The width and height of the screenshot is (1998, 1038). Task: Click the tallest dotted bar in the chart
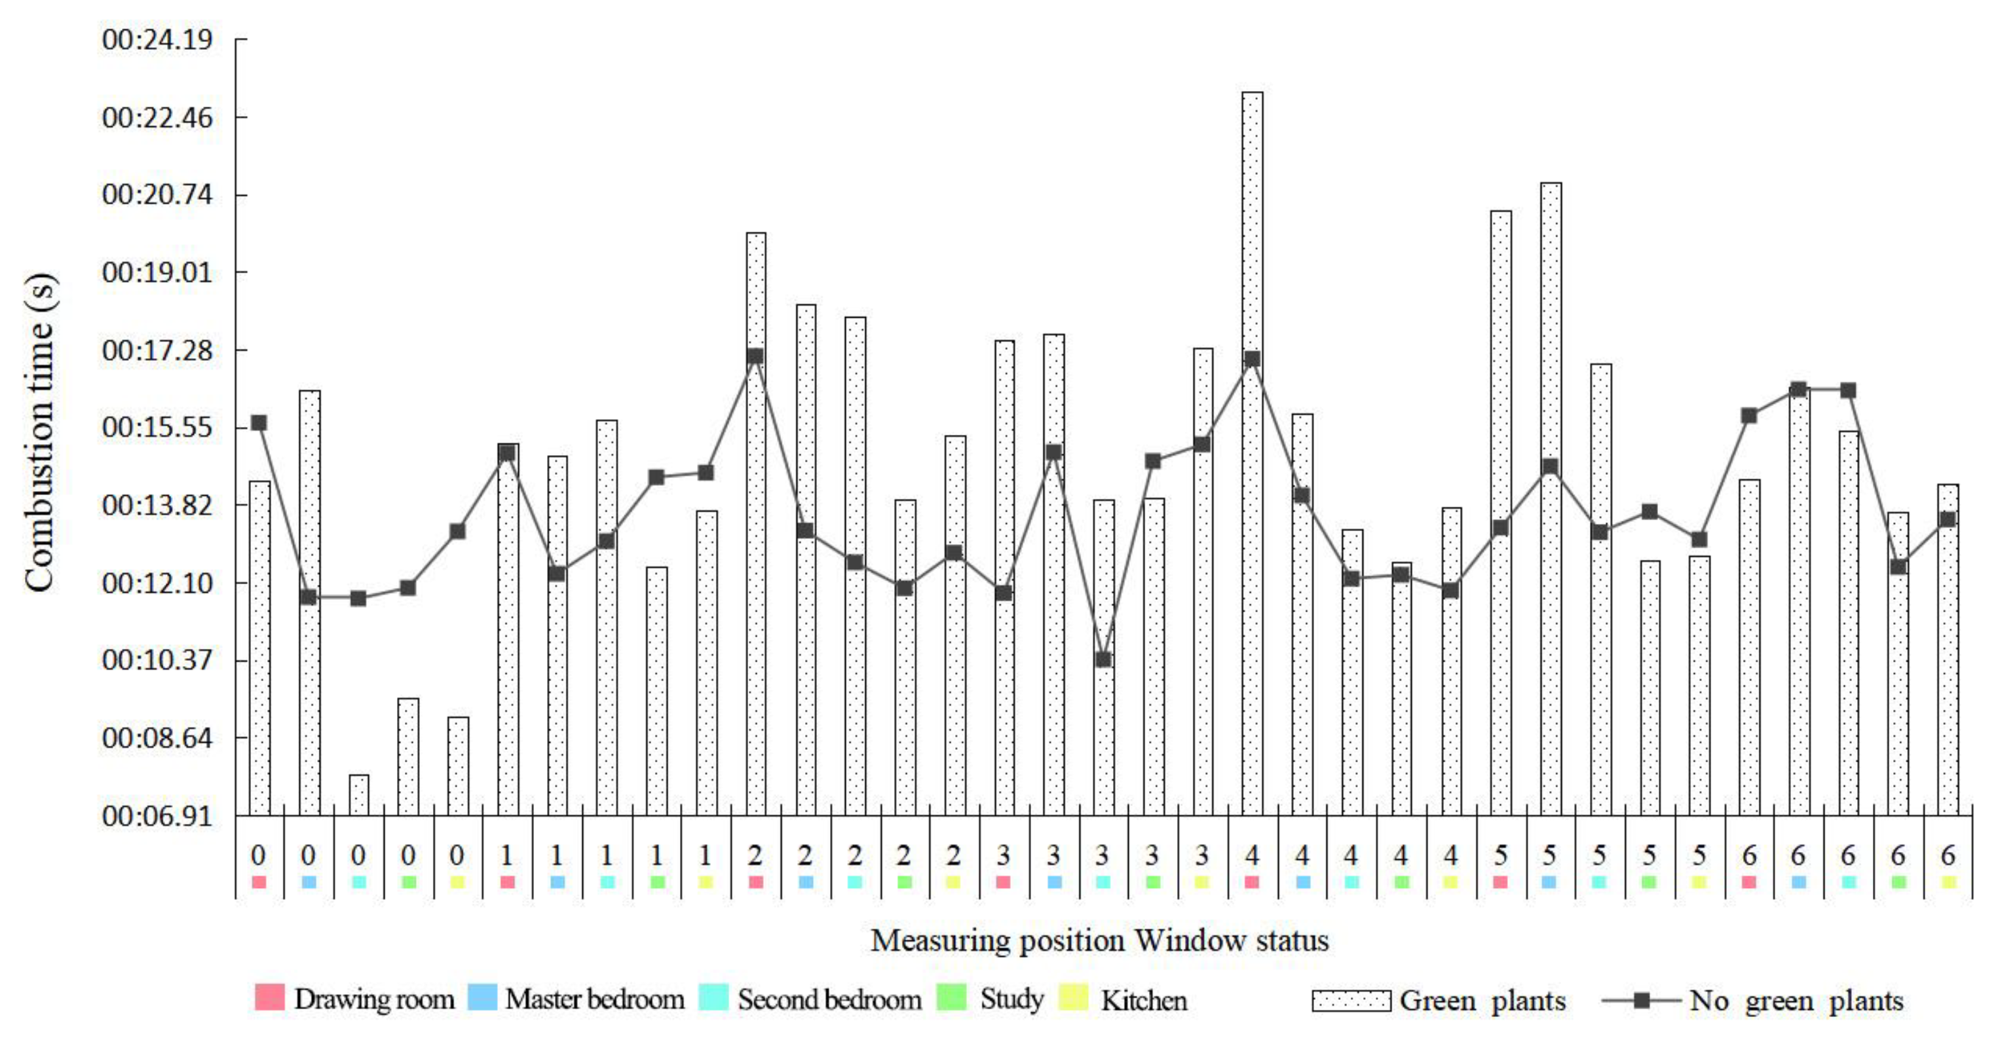click(1252, 453)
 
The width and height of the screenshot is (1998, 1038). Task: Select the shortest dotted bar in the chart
click(358, 794)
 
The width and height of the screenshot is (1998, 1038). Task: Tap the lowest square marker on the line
click(1103, 659)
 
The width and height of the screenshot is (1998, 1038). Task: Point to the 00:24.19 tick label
click(157, 39)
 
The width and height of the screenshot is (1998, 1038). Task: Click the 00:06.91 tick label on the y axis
click(157, 815)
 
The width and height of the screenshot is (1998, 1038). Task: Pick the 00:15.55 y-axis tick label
click(157, 427)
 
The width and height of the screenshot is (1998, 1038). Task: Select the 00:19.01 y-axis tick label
click(157, 272)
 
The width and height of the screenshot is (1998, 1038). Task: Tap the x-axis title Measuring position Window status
click(1099, 940)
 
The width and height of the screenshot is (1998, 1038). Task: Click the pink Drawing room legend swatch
click(269, 997)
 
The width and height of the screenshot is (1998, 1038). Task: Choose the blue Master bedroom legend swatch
click(481, 997)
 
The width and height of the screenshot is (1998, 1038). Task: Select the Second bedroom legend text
click(829, 999)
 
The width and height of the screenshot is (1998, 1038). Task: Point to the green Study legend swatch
click(952, 997)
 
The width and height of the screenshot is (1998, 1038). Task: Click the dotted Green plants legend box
click(1351, 1001)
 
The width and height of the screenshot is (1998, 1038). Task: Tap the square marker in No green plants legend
click(1641, 1000)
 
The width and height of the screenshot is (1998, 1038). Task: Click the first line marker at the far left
click(259, 422)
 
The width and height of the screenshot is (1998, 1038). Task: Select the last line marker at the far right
click(1948, 519)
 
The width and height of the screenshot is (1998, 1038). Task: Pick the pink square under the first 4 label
click(1251, 881)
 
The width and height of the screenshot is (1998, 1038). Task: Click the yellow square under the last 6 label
click(1948, 881)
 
